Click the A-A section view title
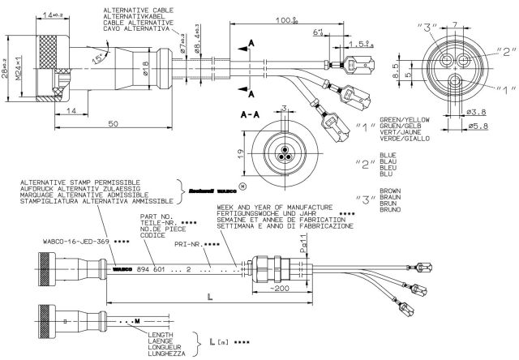coord(251,116)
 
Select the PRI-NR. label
coord(199,242)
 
